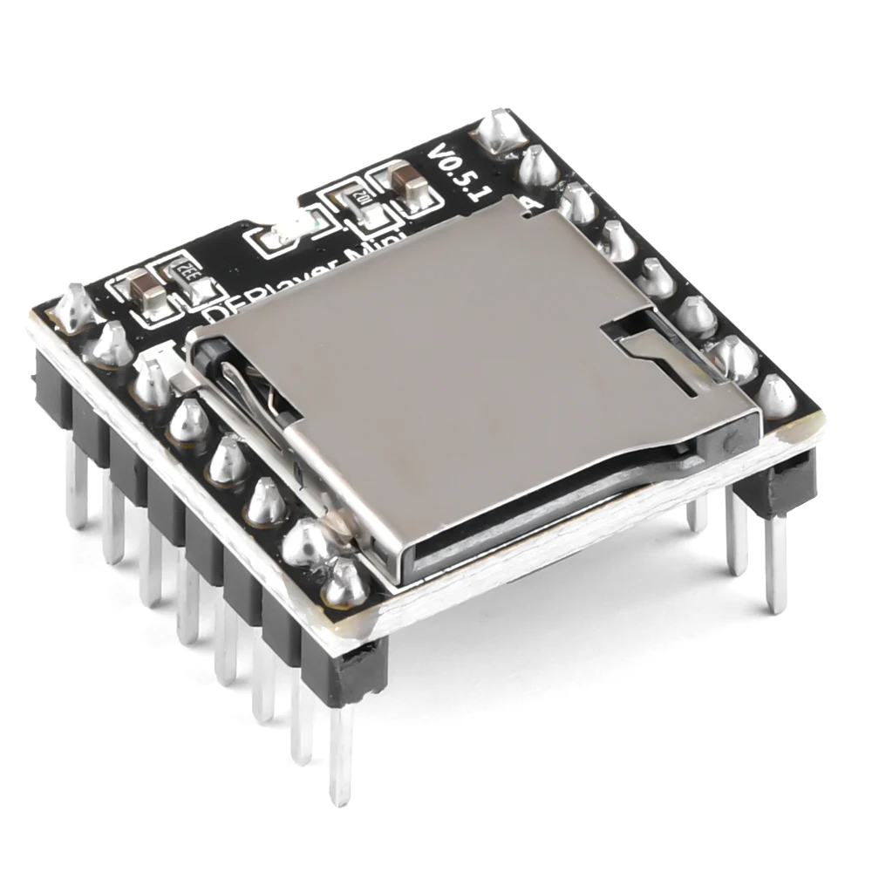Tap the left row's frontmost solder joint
click(346, 582)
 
